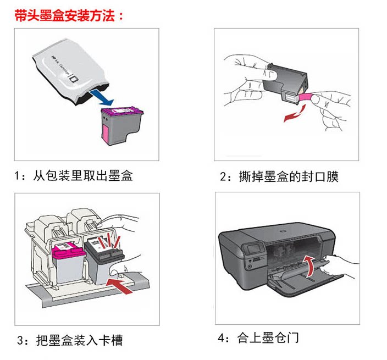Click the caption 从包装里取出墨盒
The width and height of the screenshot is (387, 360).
coord(83,176)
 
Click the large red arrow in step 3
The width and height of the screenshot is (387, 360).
coord(124,287)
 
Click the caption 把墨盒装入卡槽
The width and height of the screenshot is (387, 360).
coord(77,340)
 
